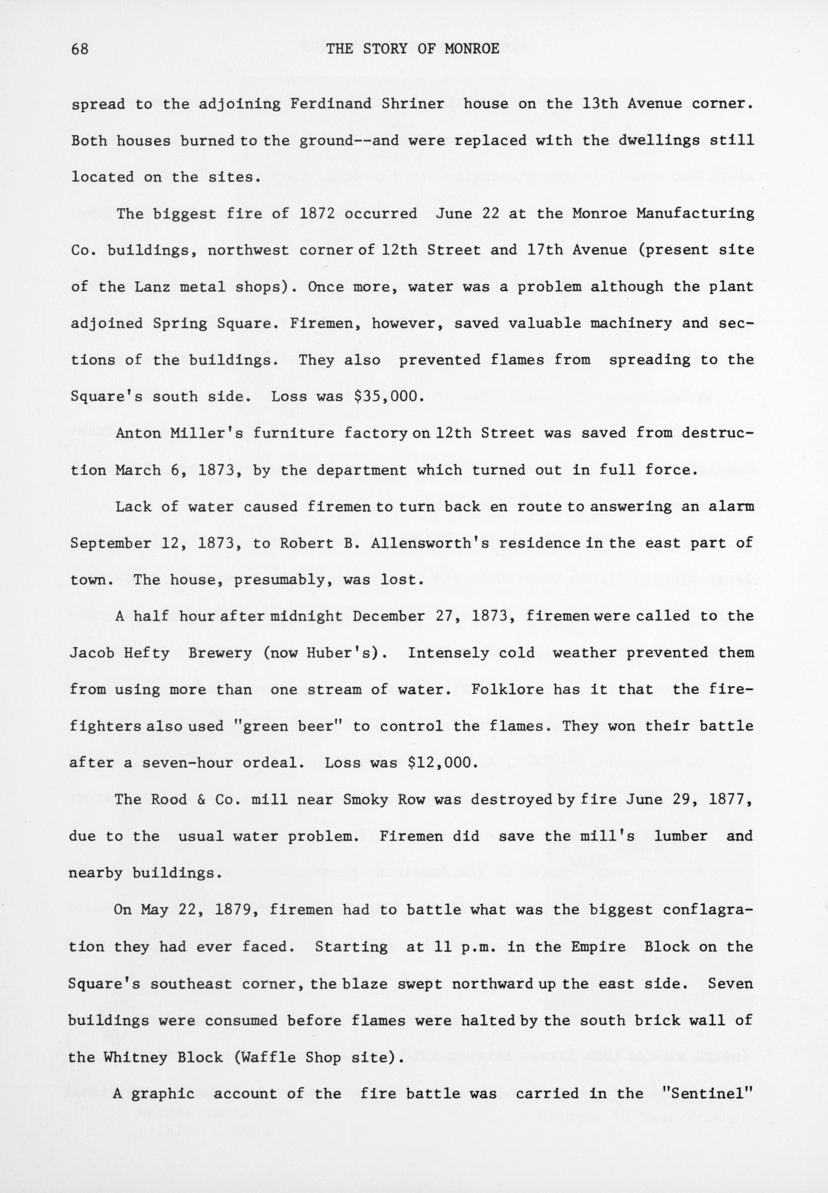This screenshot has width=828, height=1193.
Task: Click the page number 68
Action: pyautogui.click(x=80, y=49)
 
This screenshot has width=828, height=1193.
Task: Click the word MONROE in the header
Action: pyautogui.click(x=472, y=49)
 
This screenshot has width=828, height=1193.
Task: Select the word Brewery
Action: pyautogui.click(x=220, y=652)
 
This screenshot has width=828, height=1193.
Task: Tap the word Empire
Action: pyautogui.click(x=598, y=947)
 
